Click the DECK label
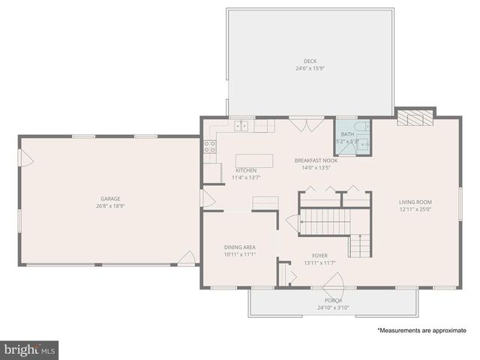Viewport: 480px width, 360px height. (310, 61)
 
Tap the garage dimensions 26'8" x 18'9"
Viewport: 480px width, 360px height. (109, 206)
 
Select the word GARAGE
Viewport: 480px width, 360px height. (109, 199)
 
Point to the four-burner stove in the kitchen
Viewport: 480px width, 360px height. (209, 146)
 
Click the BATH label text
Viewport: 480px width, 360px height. (346, 134)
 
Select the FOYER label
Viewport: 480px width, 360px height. (320, 255)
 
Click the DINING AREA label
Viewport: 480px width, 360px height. (240, 247)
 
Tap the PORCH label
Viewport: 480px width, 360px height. (333, 300)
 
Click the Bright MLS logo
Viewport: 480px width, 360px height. (30, 349)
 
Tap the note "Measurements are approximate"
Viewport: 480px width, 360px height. (421, 330)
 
